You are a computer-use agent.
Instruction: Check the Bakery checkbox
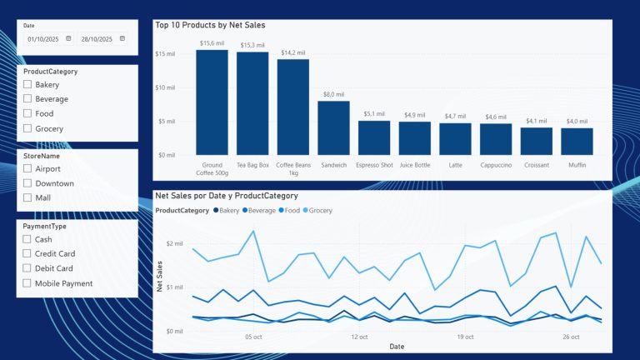pyautogui.click(x=27, y=84)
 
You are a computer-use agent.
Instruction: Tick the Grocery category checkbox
pyautogui.click(x=27, y=128)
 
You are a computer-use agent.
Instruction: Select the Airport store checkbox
pyautogui.click(x=27, y=168)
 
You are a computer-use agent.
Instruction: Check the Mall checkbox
pyautogui.click(x=27, y=197)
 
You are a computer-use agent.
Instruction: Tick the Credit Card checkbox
pyautogui.click(x=27, y=253)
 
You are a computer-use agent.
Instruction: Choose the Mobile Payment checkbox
pyautogui.click(x=27, y=283)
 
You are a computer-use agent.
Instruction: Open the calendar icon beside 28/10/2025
pyautogui.click(x=122, y=38)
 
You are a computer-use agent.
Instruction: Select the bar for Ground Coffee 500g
pyautogui.click(x=212, y=102)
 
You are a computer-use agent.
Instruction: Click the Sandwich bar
pyautogui.click(x=333, y=127)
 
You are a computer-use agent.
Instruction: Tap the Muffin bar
pyautogui.click(x=577, y=141)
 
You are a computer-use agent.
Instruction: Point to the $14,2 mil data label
pyautogui.click(x=292, y=52)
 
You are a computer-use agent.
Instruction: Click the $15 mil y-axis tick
pyautogui.click(x=165, y=54)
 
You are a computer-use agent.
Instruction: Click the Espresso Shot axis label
pyautogui.click(x=374, y=165)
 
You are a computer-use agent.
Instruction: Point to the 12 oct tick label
pyautogui.click(x=360, y=337)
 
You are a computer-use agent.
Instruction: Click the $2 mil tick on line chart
pyautogui.click(x=173, y=243)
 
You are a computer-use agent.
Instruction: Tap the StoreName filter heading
pyautogui.click(x=42, y=156)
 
